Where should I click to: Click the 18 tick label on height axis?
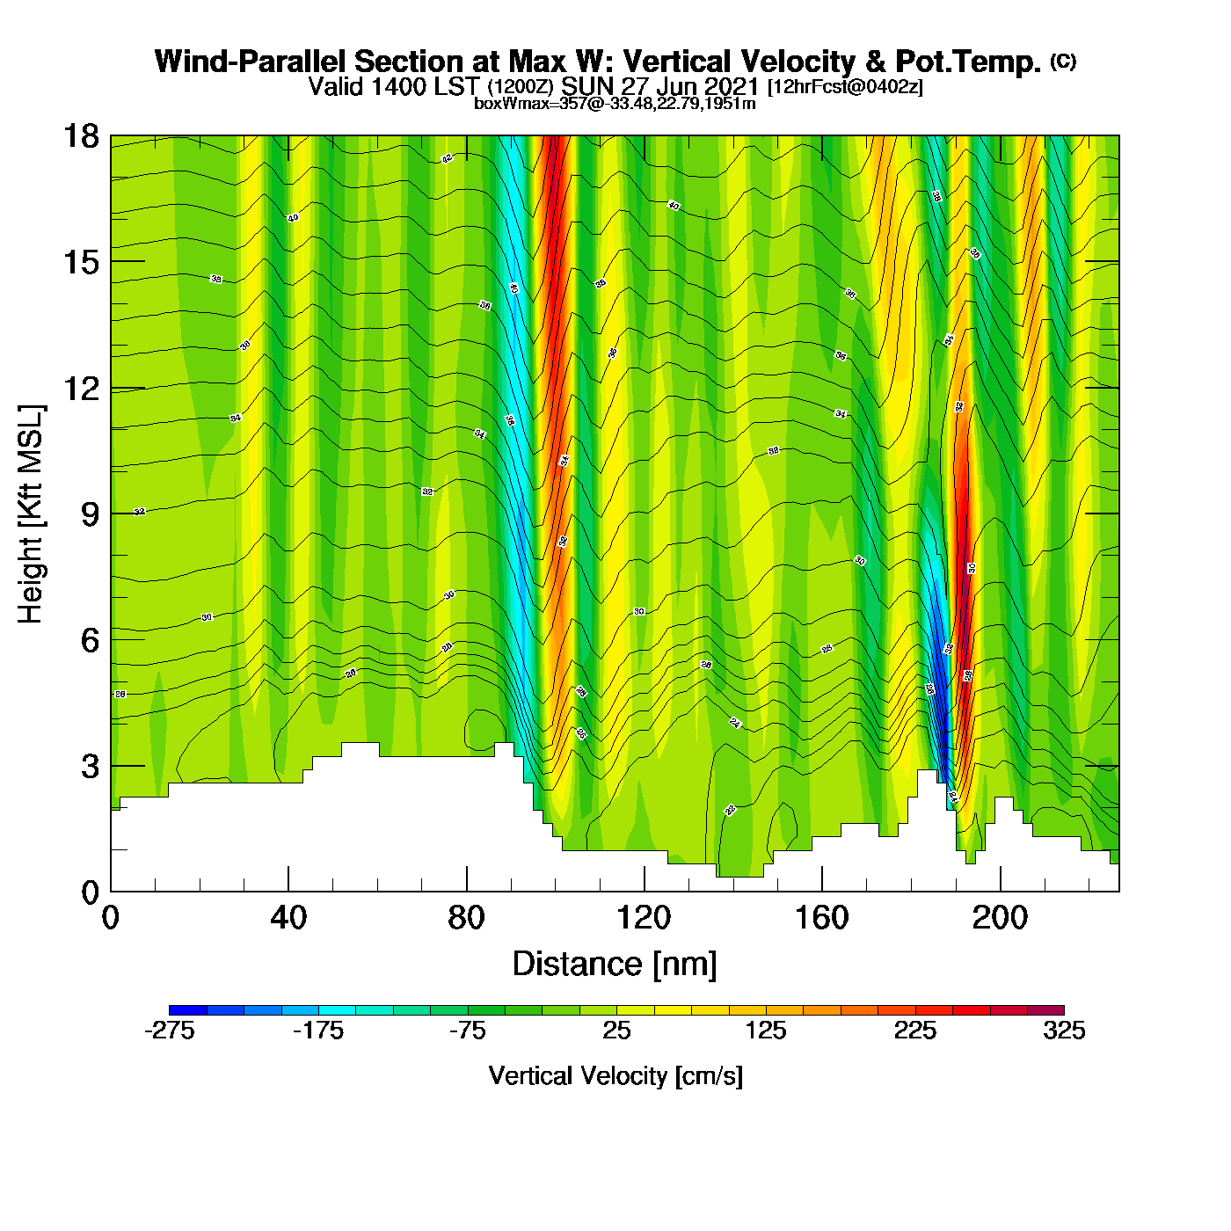(x=80, y=136)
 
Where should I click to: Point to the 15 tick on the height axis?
(x=80, y=262)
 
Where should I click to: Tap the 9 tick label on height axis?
(x=90, y=514)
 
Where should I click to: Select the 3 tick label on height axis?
(x=90, y=767)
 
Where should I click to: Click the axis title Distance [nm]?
(x=615, y=965)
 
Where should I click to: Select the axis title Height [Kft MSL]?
(x=31, y=514)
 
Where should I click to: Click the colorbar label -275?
(x=169, y=1031)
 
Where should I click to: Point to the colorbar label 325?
(x=1064, y=1031)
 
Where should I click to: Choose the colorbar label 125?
(x=766, y=1031)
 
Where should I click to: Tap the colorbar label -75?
(x=467, y=1031)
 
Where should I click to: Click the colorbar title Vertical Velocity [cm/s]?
(x=615, y=1076)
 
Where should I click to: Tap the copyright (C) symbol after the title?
(x=1063, y=61)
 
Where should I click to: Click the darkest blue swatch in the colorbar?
(x=187, y=1010)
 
